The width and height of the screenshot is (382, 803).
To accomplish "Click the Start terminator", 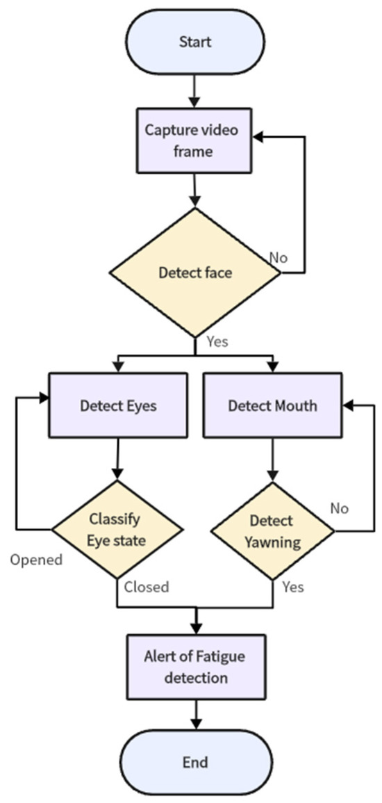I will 194,42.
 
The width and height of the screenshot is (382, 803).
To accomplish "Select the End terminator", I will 194,762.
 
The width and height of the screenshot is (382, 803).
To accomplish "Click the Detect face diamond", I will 194,273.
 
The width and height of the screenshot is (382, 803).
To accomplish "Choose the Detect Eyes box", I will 117,405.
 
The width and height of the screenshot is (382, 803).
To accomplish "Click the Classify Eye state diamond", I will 117,530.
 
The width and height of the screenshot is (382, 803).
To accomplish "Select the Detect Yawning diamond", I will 272,530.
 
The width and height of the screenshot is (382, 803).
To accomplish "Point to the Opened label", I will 36,560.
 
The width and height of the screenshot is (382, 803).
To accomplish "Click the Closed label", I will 146,587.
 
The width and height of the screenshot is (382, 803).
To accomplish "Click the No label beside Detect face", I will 279,258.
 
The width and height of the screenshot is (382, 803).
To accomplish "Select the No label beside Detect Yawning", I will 339,508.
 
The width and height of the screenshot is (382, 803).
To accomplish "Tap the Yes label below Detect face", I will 217,341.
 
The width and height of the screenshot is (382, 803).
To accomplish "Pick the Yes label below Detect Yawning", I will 293,587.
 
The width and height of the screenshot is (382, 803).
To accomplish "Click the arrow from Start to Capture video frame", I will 194,89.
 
